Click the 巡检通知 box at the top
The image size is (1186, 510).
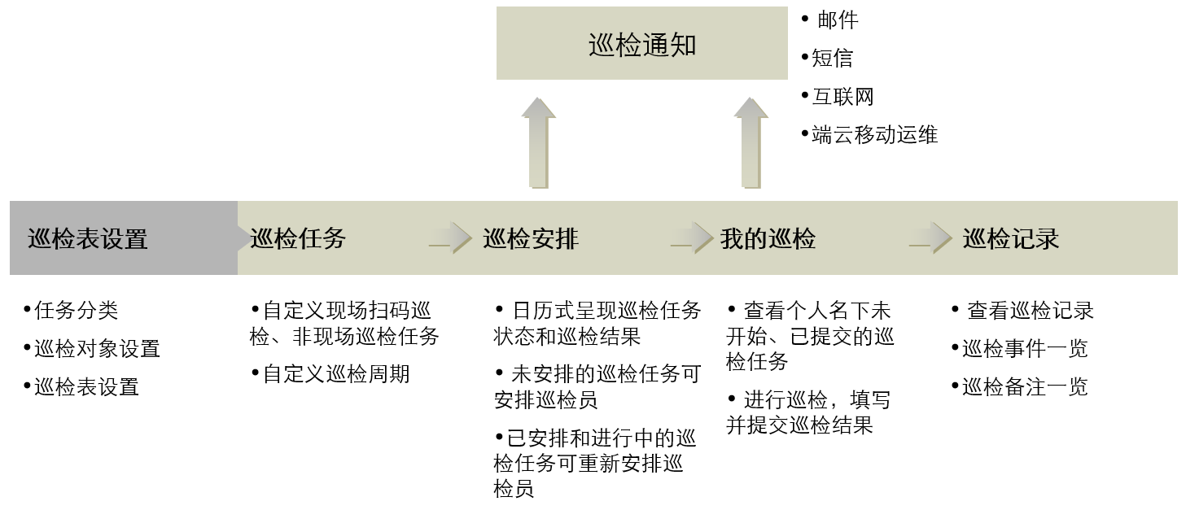(641, 45)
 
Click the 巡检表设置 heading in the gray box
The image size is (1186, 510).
(88, 239)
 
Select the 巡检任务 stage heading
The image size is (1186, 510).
(299, 238)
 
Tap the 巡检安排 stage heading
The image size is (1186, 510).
(531, 238)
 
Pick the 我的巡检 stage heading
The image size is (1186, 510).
(768, 238)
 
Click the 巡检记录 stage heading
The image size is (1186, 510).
(1011, 238)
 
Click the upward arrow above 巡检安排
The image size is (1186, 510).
(538, 142)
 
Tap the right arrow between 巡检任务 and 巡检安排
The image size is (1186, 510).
(450, 238)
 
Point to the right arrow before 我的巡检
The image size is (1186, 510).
(692, 238)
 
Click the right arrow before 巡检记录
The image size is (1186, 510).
(930, 238)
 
